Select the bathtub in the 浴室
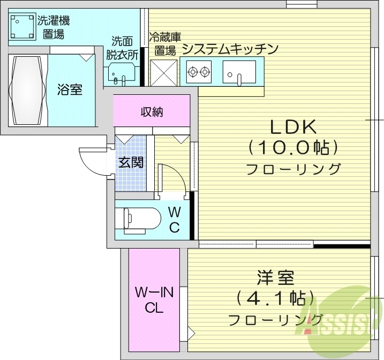[26, 89]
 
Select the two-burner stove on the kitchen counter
[198, 71]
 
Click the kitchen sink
[239, 72]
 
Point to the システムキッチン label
[230, 49]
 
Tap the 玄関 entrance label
[130, 162]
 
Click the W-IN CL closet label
[154, 300]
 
